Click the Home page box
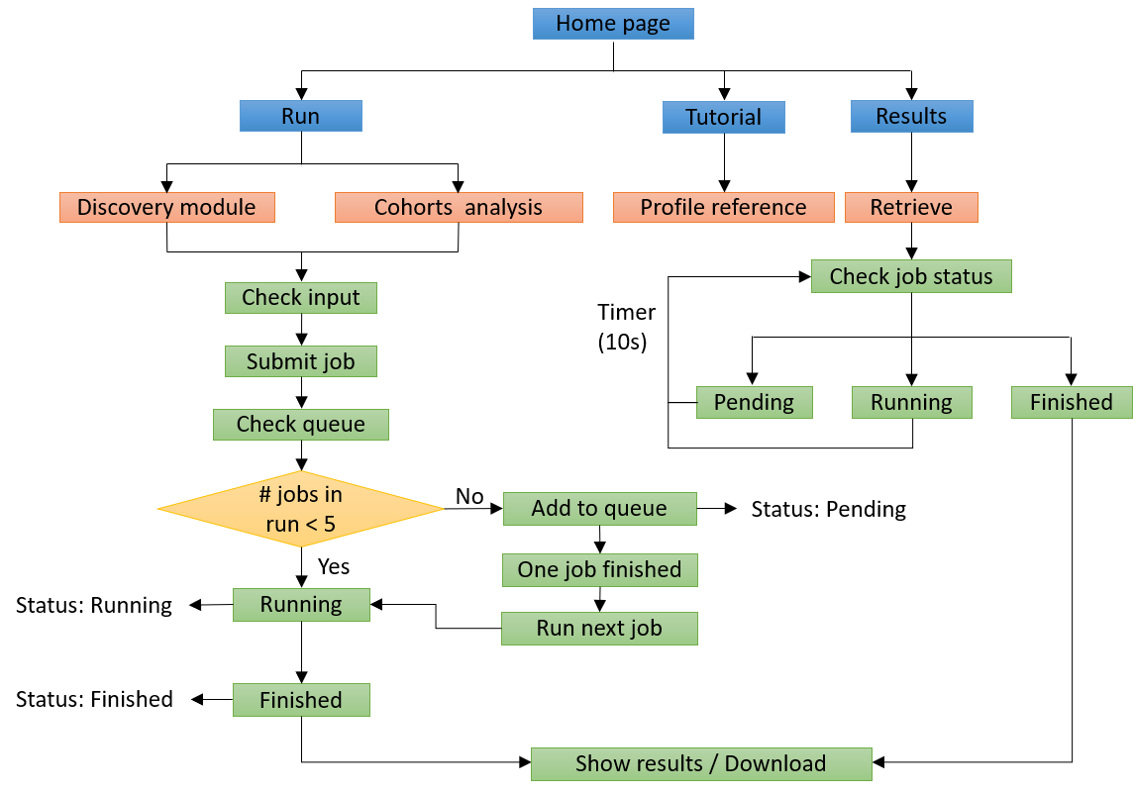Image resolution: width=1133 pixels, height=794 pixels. [x=613, y=24]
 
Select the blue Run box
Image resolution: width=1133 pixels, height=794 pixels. [x=300, y=116]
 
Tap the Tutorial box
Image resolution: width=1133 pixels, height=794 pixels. [x=723, y=117]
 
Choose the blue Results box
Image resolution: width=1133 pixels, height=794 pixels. [x=911, y=116]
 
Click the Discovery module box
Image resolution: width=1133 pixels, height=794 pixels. [x=166, y=207]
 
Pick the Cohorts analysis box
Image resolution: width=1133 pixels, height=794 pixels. [x=459, y=207]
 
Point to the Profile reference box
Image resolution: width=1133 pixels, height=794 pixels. [x=723, y=207]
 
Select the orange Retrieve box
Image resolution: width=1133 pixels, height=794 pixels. [x=911, y=207]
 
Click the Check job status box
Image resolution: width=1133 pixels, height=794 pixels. [x=911, y=276]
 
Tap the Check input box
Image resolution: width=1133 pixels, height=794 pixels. [x=301, y=298]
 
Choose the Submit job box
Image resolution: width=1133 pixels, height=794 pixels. [x=301, y=361]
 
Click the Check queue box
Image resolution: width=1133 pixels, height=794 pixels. [x=301, y=425]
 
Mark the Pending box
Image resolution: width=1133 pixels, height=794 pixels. [x=754, y=402]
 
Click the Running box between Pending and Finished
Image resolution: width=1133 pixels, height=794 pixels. [x=911, y=402]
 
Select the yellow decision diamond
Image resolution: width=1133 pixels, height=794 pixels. [x=300, y=509]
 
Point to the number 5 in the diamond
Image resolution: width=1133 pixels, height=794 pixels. [x=329, y=525]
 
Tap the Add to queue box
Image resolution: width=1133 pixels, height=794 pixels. [x=599, y=509]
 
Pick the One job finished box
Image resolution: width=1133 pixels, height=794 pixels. [x=599, y=570]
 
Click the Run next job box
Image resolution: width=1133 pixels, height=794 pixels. [x=599, y=629]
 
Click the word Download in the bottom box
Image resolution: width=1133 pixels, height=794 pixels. [x=775, y=764]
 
